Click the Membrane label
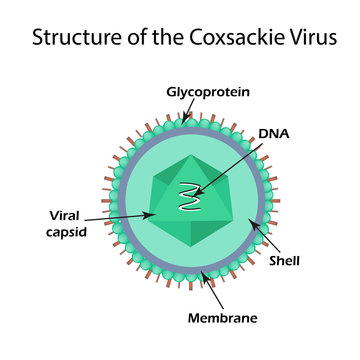(224, 318)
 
